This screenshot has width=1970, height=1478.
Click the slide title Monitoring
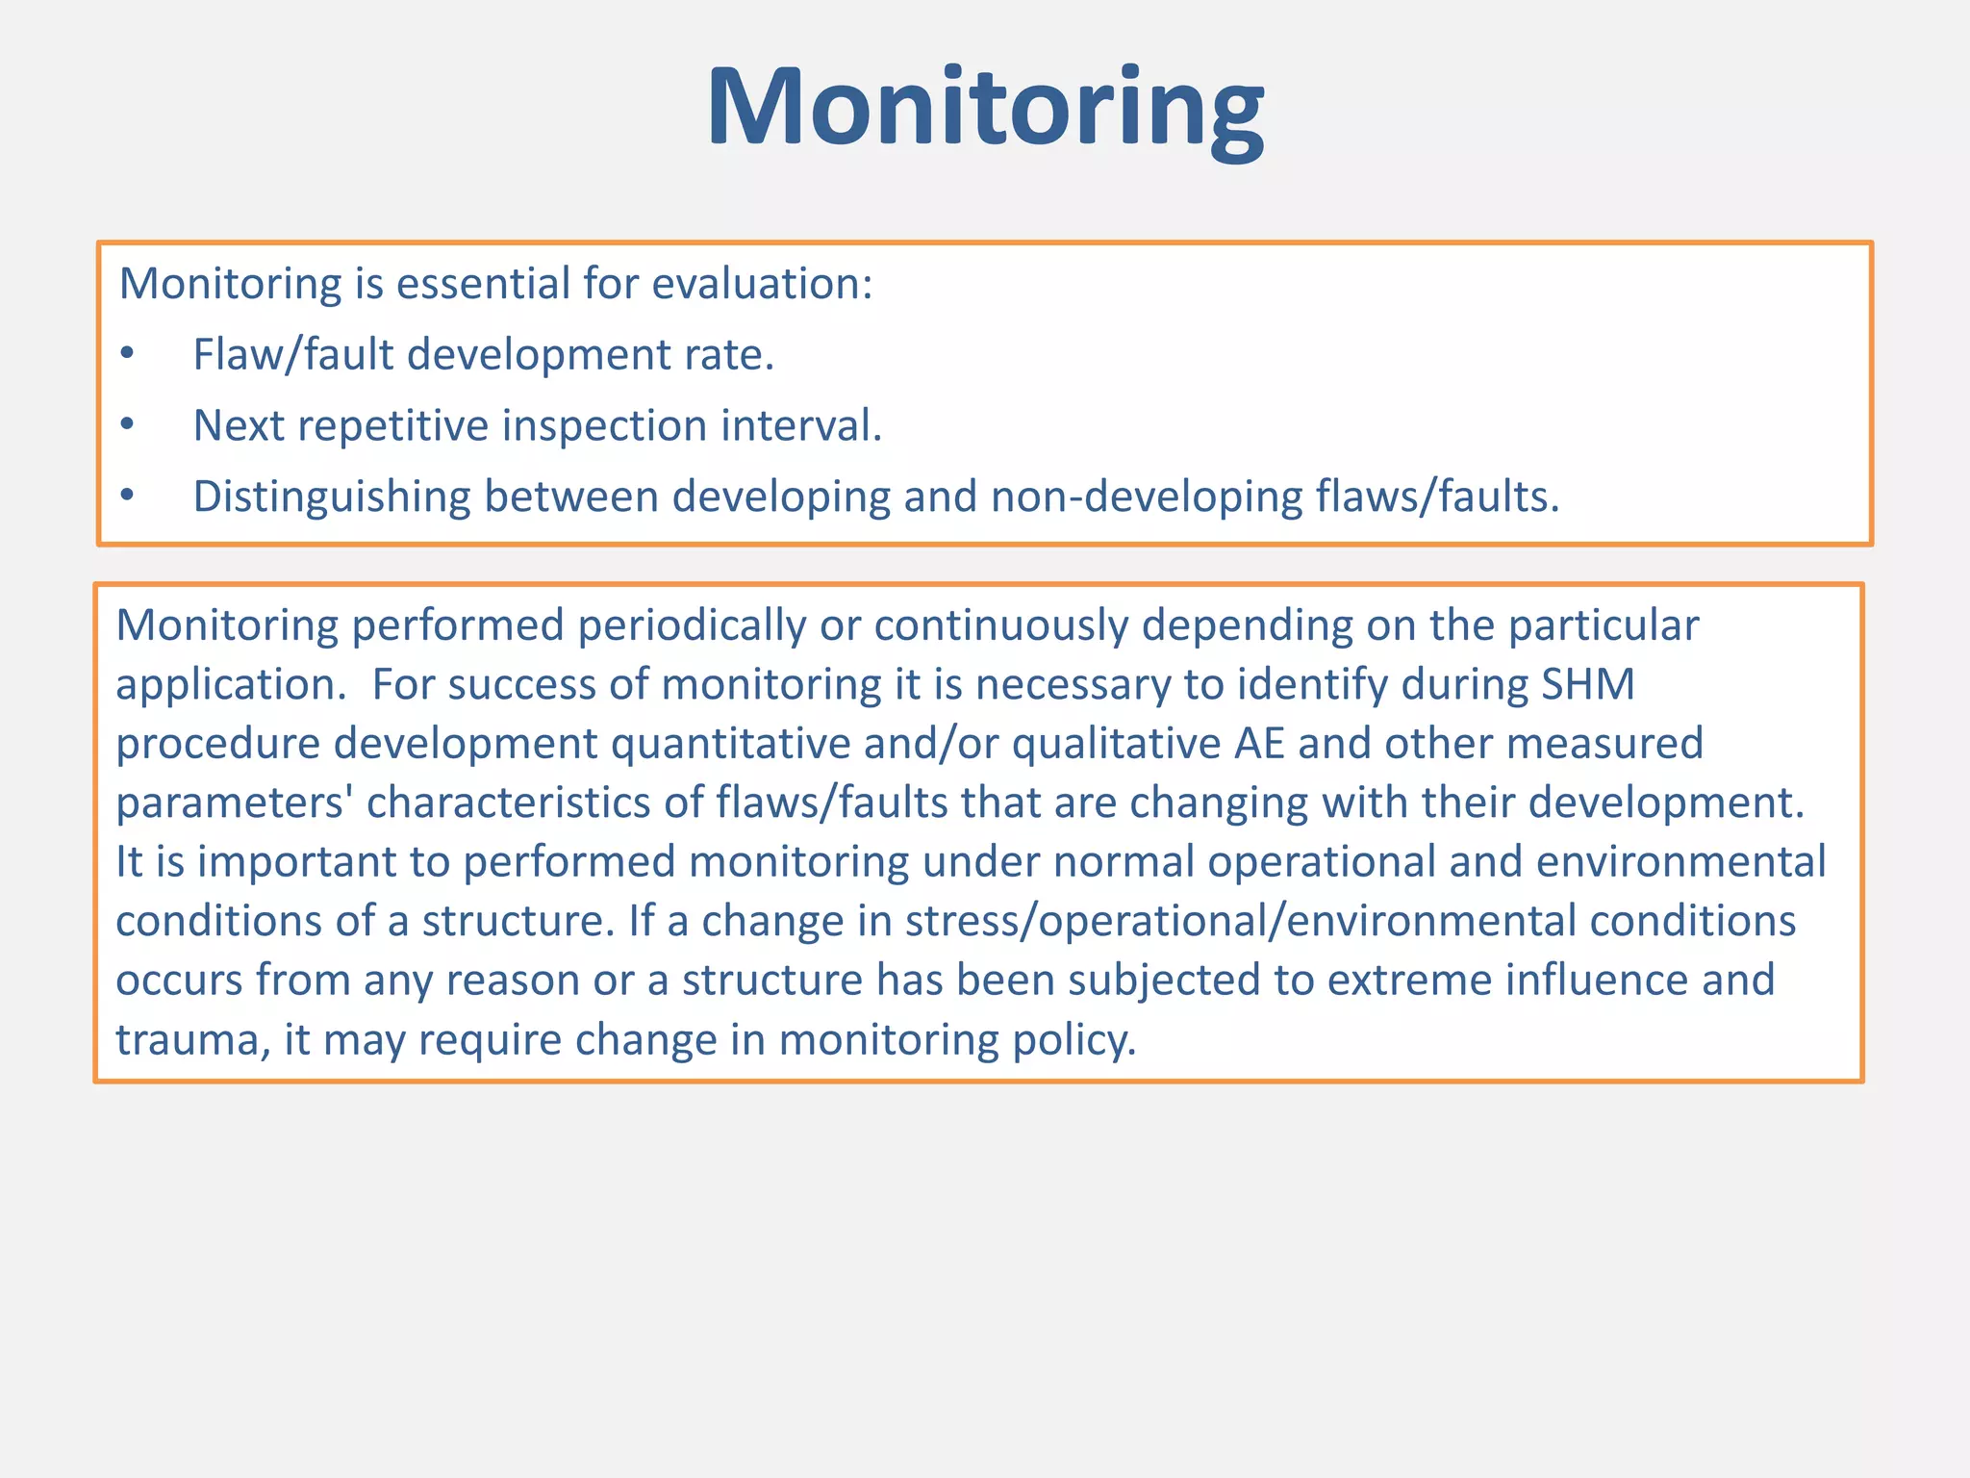pyautogui.click(x=985, y=108)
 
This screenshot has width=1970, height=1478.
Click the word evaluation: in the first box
pyautogui.click(x=762, y=284)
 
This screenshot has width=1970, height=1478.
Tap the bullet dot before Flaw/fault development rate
pyautogui.click(x=127, y=354)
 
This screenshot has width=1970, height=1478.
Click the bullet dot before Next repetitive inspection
pyautogui.click(x=127, y=424)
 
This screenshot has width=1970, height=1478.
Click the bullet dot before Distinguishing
pyautogui.click(x=127, y=497)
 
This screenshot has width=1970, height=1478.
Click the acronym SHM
pyautogui.click(x=1588, y=684)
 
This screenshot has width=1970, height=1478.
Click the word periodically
pyautogui.click(x=692, y=626)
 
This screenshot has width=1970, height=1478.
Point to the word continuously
pyautogui.click(x=1000, y=626)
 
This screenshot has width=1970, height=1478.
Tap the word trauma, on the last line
pyautogui.click(x=193, y=1040)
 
